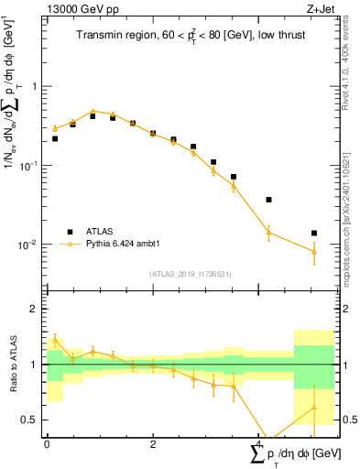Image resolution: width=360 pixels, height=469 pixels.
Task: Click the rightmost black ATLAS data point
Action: coord(314,234)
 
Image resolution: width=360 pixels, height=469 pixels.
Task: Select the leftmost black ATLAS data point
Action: coord(55,138)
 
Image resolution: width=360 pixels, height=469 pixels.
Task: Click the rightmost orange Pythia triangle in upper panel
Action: coord(314,251)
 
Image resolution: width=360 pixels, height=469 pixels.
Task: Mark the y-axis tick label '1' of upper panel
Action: coord(34,86)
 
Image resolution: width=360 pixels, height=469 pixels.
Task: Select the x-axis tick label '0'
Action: coord(47,443)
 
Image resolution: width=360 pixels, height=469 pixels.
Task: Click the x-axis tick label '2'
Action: coord(153,443)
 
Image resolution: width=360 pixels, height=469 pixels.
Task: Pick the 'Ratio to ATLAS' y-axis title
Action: coord(11,364)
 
